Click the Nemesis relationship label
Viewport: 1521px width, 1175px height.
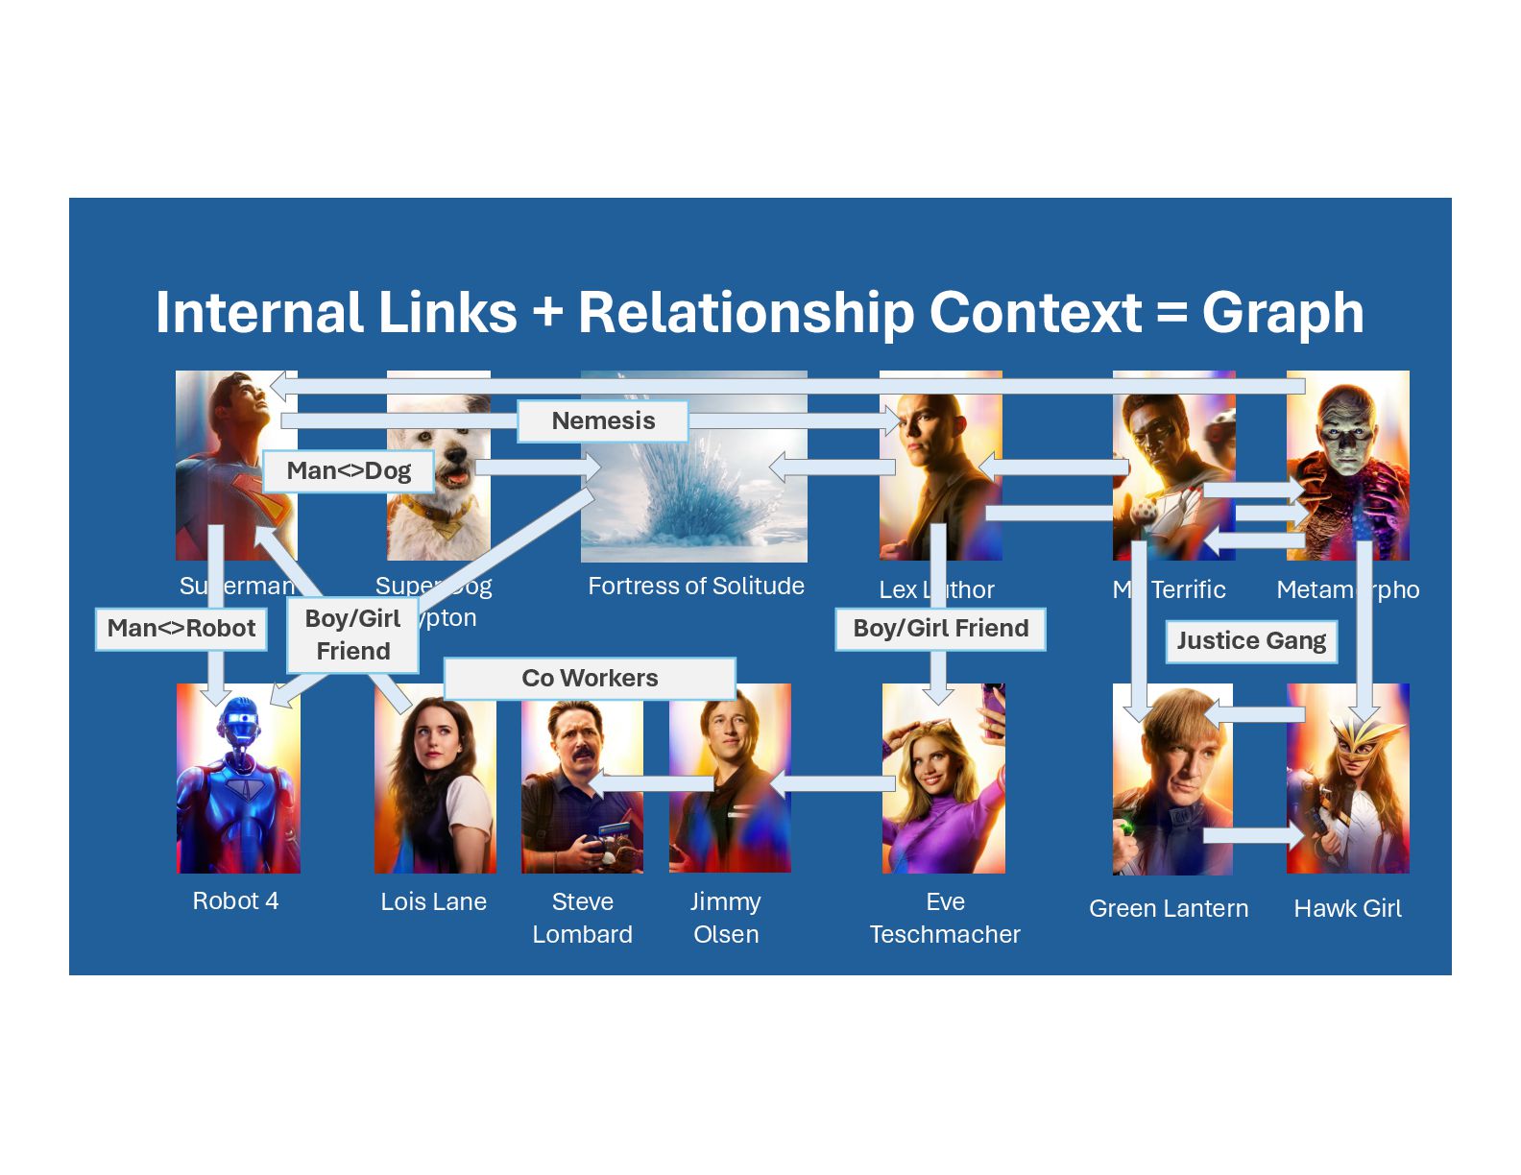[x=603, y=421]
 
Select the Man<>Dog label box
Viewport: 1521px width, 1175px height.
[x=349, y=471]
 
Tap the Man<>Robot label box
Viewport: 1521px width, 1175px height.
[x=181, y=629]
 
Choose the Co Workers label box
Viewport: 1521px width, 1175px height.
[x=590, y=679]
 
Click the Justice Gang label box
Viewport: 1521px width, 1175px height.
[x=1251, y=641]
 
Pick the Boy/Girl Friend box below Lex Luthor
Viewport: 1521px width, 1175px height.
[x=940, y=629]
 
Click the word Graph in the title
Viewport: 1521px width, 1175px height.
[x=1283, y=313]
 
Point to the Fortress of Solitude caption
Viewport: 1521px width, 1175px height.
[x=696, y=587]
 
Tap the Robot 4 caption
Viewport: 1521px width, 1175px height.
[x=235, y=901]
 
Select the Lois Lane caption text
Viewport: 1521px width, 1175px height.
[x=433, y=902]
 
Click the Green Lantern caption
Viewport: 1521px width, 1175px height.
[x=1169, y=909]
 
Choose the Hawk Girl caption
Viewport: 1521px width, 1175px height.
[x=1347, y=909]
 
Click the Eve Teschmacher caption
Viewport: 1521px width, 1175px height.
[x=945, y=919]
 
